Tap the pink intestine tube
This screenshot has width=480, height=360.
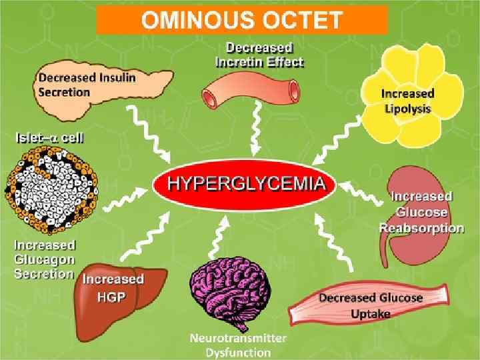250,90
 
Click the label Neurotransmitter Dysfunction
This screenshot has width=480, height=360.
237,345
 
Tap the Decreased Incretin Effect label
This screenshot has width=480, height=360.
259,55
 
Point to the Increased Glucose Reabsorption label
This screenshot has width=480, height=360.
421,212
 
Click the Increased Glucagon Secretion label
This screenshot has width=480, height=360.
44,259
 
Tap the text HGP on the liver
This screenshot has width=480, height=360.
112,297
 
